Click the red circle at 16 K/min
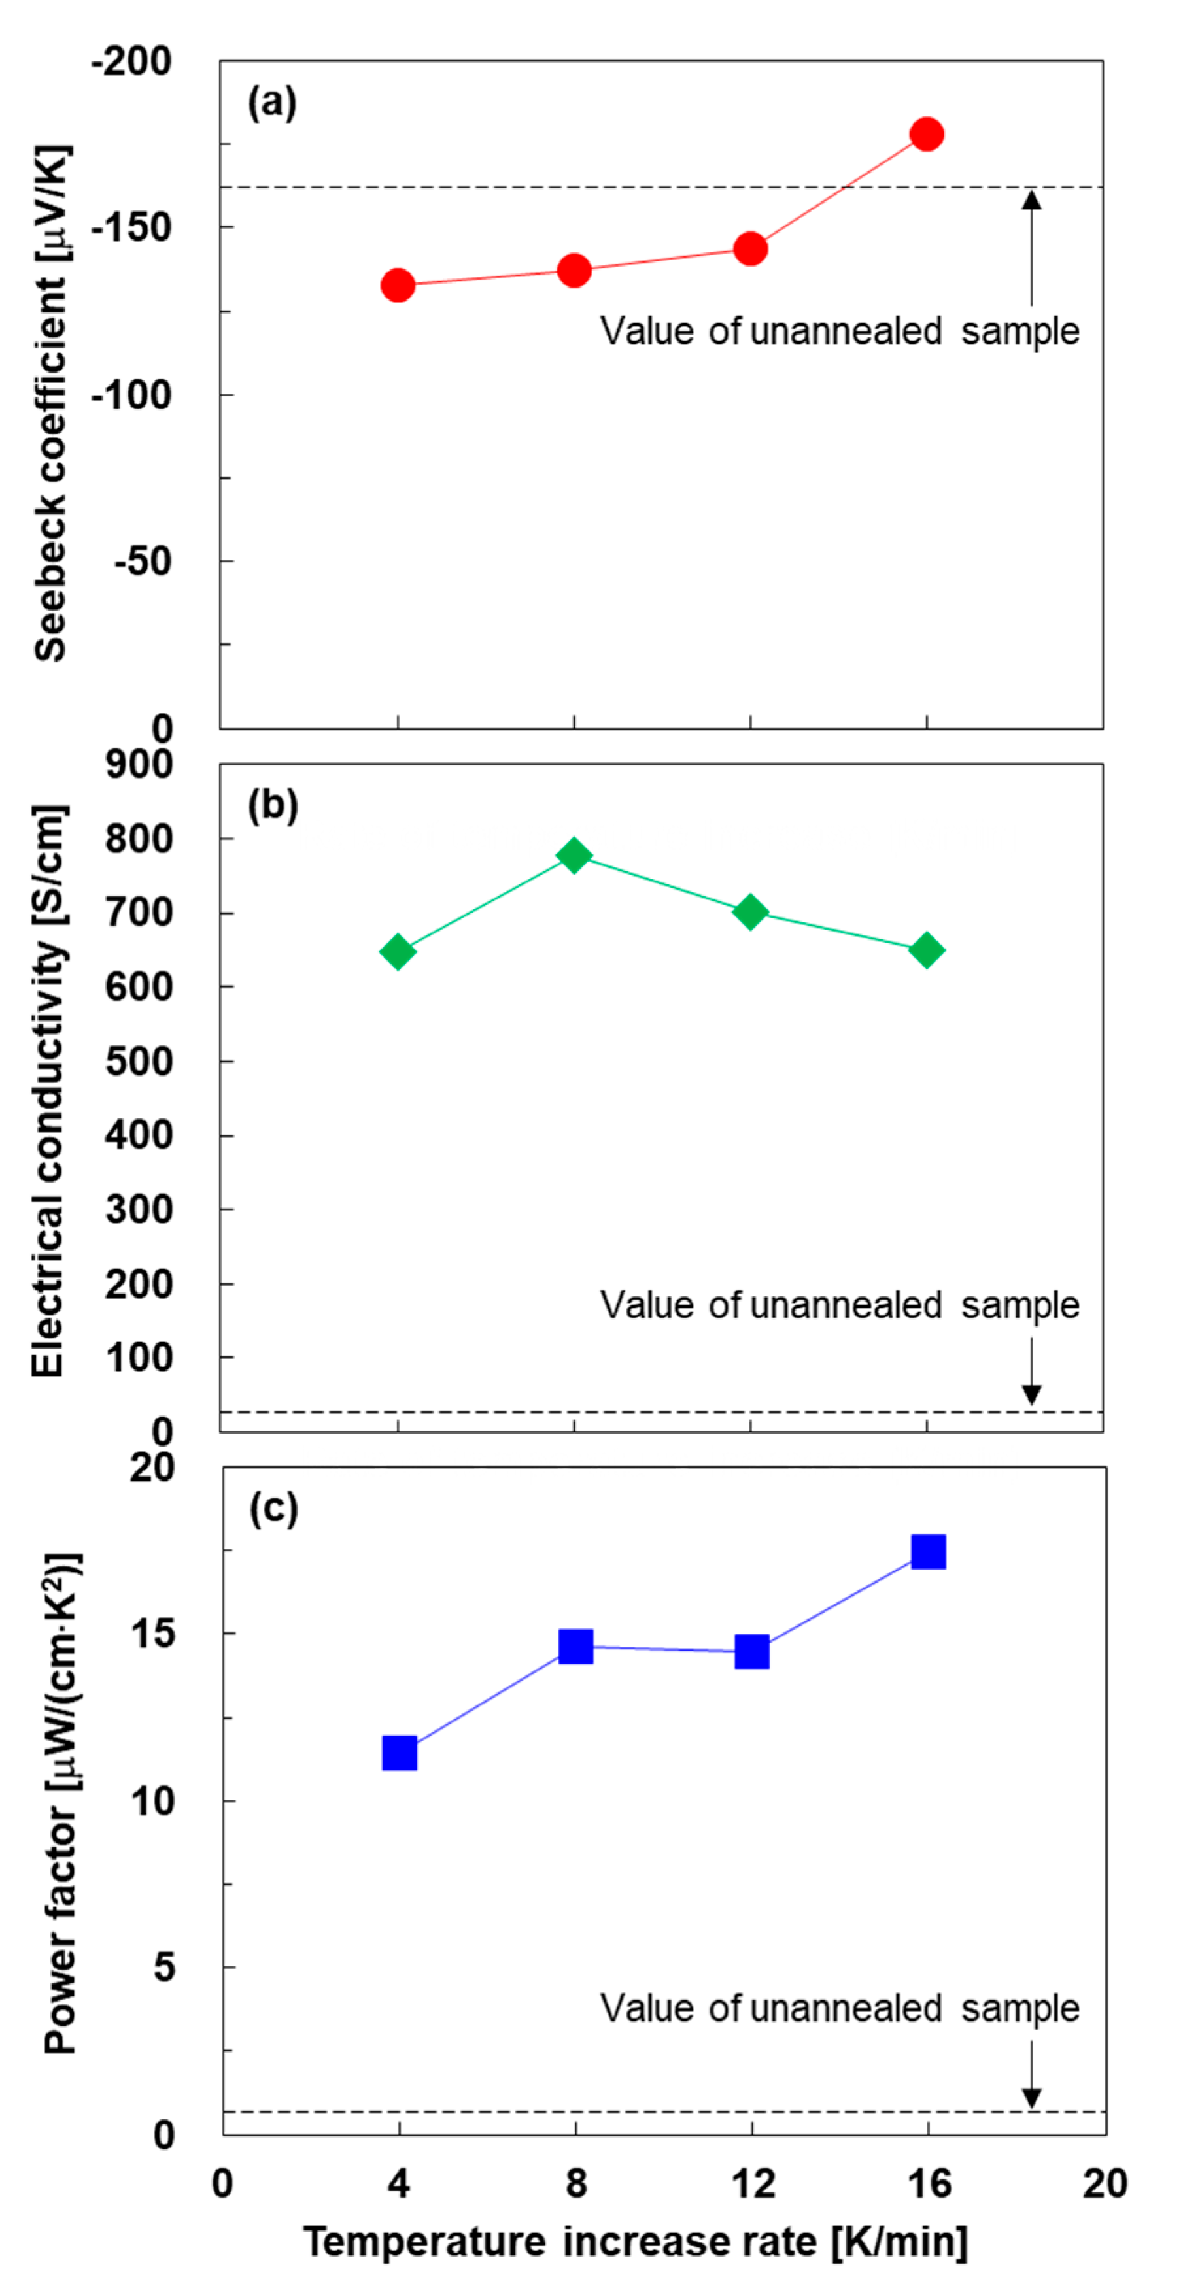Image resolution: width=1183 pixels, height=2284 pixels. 927,134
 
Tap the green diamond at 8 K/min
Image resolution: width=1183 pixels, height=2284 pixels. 574,855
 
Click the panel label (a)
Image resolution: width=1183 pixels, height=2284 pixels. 271,103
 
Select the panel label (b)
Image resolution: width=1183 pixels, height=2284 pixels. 271,805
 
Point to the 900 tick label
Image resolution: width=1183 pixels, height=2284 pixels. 139,764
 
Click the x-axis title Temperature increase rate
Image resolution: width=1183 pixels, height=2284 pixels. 634,2241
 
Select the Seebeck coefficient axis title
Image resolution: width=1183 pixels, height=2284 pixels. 52,403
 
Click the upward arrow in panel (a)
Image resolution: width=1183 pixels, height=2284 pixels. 1031,248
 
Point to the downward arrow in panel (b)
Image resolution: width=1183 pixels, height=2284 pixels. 1031,1371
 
